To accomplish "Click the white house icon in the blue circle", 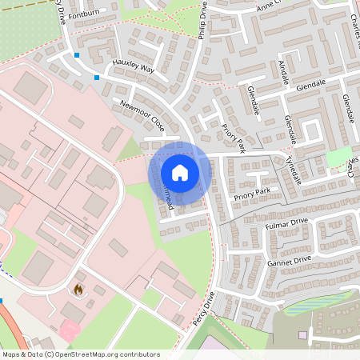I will pyautogui.click(x=180, y=172).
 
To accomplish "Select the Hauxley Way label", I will pyautogui.click(x=134, y=68).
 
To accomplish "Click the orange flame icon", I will pyautogui.click(x=78, y=290).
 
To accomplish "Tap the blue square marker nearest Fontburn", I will pyautogui.click(x=77, y=55).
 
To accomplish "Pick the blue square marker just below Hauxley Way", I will pyautogui.click(x=97, y=78).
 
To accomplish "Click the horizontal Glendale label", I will pyautogui.click(x=314, y=85).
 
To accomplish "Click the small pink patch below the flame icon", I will pyautogui.click(x=70, y=328).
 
